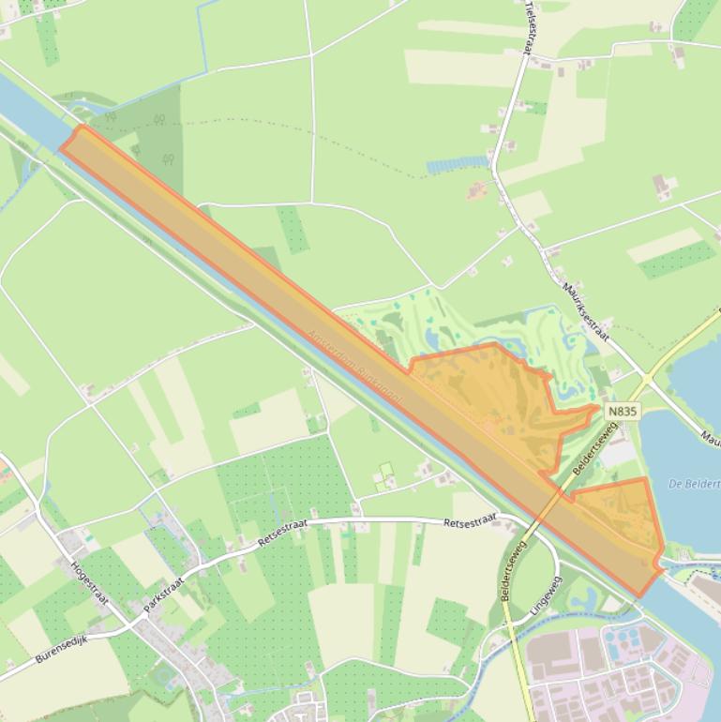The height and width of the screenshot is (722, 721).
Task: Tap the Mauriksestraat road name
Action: pyautogui.click(x=587, y=311)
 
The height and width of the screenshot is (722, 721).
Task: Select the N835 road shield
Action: pyautogui.click(x=622, y=412)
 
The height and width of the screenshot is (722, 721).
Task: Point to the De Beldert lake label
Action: pyautogui.click(x=695, y=484)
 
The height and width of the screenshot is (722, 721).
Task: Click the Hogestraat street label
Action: pyautogui.click(x=90, y=584)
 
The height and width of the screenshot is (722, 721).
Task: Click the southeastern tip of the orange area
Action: pyautogui.click(x=642, y=593)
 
